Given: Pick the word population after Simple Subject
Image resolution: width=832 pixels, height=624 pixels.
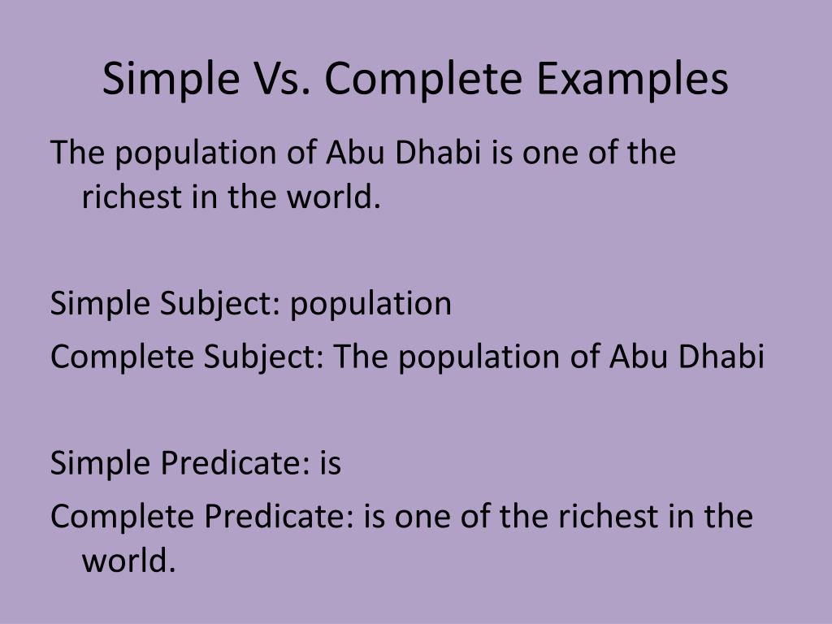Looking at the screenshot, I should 371,304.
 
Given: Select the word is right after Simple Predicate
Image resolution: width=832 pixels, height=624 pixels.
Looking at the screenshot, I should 329,464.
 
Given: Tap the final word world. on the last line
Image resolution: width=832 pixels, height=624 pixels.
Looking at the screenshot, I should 128,561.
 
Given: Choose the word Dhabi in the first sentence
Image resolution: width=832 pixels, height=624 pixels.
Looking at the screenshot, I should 438,154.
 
